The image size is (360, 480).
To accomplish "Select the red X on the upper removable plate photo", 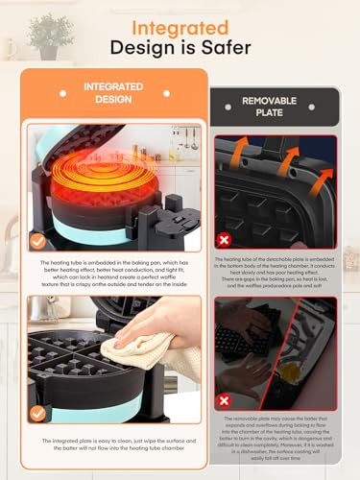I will (x=224, y=239).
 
